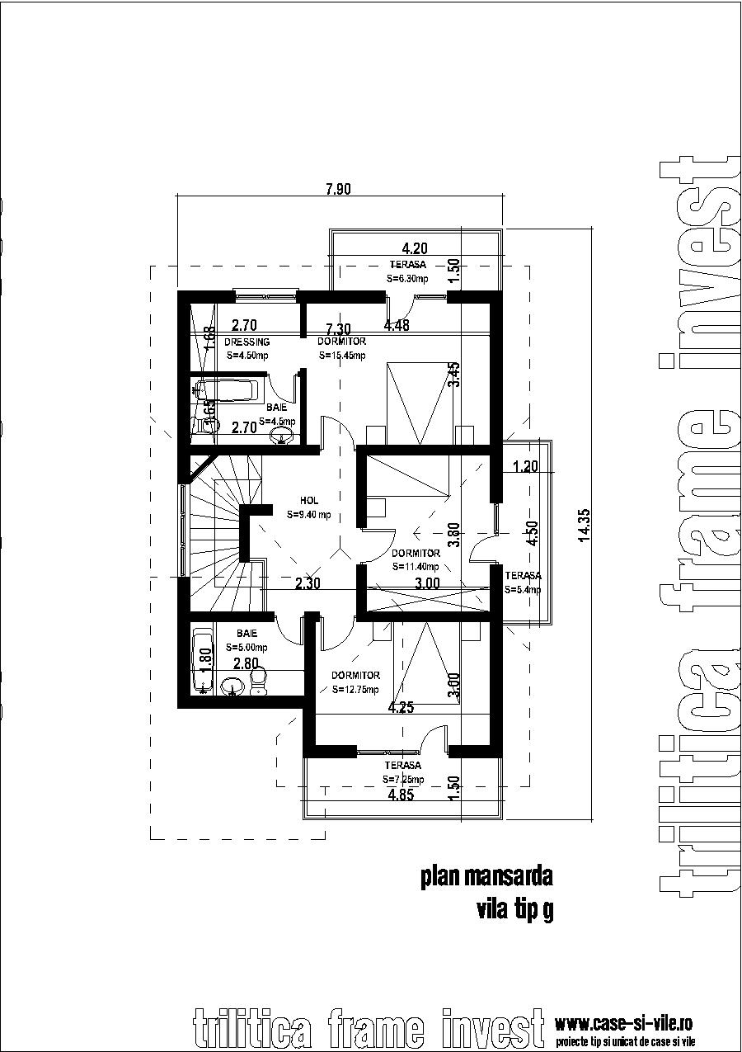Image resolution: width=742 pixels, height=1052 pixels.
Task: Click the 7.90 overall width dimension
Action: (338, 189)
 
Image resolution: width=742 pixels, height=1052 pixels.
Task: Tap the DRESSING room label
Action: (247, 342)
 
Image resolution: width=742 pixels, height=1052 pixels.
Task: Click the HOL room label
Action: (309, 501)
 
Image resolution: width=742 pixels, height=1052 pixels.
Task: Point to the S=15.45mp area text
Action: (341, 356)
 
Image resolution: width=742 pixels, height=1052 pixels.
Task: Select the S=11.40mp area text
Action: (416, 567)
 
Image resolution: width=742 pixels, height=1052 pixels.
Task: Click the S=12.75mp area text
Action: (355, 690)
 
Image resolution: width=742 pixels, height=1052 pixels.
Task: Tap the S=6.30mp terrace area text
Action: (408, 279)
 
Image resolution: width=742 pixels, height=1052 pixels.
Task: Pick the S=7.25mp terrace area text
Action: (403, 779)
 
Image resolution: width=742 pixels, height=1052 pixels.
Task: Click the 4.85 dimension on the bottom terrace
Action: (402, 795)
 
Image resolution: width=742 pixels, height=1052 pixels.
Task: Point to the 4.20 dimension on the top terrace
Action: (415, 248)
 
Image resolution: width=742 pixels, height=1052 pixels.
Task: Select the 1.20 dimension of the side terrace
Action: (524, 466)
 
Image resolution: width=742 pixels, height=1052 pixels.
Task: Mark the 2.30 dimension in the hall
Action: (309, 583)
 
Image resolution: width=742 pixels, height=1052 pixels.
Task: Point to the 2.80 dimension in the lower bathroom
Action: (247, 664)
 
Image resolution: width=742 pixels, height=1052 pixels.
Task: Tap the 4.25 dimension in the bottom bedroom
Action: (401, 707)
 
